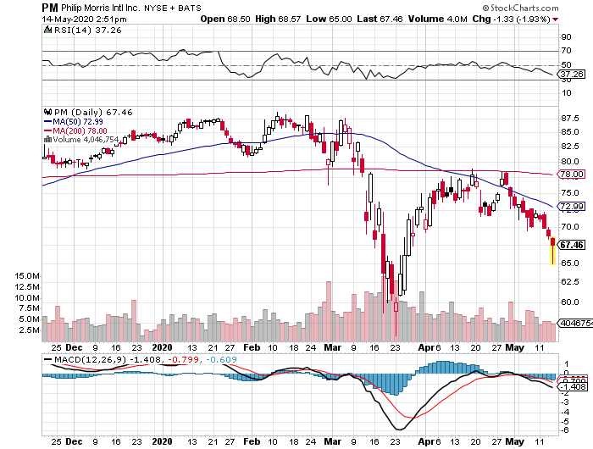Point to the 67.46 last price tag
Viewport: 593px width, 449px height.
tap(572, 246)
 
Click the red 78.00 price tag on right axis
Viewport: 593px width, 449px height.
tap(572, 175)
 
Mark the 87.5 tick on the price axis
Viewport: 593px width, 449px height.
tap(569, 119)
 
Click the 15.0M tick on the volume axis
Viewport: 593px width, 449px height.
tap(19, 275)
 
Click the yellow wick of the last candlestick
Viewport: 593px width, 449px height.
tap(553, 255)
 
